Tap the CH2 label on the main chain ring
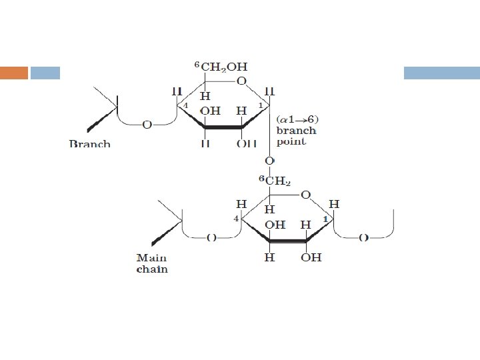point(277,181)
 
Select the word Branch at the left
point(89,143)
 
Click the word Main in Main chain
point(151,257)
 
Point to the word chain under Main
point(152,269)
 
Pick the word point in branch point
point(291,141)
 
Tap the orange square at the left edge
point(13,73)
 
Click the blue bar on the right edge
point(441,73)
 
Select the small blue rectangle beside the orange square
point(45,73)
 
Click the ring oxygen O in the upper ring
point(241,81)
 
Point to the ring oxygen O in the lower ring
point(305,195)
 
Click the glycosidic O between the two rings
point(269,161)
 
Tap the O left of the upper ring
point(147,123)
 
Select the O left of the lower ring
point(211,237)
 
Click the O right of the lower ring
point(363,237)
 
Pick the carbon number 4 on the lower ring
point(236,219)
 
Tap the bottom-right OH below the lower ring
point(311,257)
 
